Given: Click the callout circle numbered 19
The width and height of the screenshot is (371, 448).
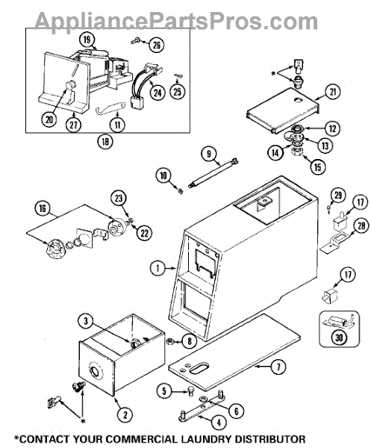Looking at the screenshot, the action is point(87,40).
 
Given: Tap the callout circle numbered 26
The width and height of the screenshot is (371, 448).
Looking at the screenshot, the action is point(157,45).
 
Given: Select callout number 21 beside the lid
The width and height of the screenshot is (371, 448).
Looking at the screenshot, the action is point(332,93).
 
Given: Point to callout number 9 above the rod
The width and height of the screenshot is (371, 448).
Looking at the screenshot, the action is point(209,155).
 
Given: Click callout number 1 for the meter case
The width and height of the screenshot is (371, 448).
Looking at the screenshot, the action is point(158,268).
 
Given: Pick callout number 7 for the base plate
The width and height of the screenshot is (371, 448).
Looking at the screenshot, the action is point(278,367).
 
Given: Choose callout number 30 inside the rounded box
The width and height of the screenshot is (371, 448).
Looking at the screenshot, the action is point(339,338).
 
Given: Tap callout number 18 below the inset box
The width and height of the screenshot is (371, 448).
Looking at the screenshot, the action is point(105,141).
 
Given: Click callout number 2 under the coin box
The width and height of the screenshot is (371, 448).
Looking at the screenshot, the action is point(125,414).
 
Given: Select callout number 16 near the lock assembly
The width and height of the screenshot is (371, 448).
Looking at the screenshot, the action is point(42,208).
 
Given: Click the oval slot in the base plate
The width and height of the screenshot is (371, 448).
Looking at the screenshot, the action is point(199,368).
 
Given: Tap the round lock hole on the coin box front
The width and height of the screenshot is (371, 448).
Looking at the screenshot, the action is point(95,372).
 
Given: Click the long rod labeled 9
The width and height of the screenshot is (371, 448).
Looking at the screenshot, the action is point(213,173).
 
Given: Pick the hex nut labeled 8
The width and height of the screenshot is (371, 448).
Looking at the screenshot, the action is point(171,340).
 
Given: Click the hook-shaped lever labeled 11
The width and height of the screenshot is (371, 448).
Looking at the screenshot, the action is point(110,108).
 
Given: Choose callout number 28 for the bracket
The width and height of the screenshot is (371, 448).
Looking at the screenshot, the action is point(361,226).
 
